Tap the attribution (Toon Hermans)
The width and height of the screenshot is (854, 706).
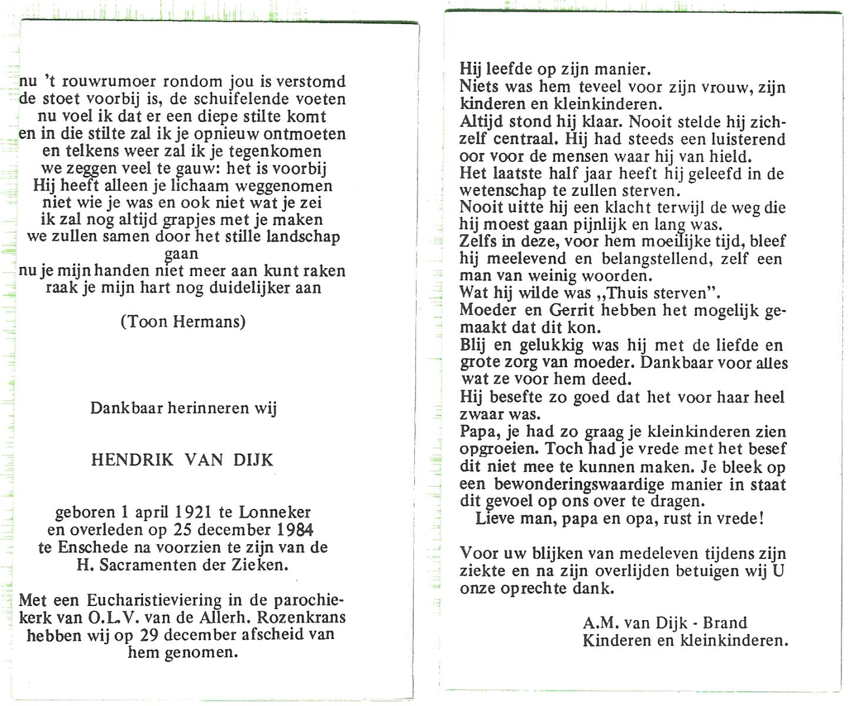click(182, 322)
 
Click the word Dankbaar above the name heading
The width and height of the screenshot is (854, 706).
click(126, 408)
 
